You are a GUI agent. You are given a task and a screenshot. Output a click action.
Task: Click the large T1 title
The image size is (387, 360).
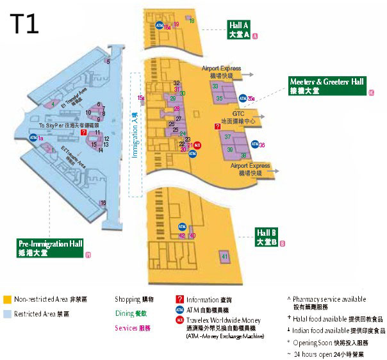pos(24,24)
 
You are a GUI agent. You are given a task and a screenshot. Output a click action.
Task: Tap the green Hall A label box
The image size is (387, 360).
pos(238,29)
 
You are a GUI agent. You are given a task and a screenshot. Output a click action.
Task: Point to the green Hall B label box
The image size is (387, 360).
pos(266,236)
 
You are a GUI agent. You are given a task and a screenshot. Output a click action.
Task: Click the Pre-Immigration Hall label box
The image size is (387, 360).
pos(51,248)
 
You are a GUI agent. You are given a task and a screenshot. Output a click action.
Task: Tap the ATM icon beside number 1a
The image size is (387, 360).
pos(33,138)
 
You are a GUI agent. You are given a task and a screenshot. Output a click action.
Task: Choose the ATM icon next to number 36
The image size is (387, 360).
pos(255,145)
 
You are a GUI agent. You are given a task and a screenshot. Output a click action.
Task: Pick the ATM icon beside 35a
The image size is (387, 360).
pos(243,99)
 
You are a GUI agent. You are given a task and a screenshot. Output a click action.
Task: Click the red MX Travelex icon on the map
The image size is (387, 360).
pos(198,145)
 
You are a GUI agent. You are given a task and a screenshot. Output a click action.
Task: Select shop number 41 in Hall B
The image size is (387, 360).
pos(224,257)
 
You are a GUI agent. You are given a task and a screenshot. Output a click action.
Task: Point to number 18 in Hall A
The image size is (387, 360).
pos(192,22)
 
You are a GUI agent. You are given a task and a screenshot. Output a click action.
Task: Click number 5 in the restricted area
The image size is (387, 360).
pos(108,61)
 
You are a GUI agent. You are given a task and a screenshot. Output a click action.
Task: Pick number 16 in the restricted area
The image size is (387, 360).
pos(103,203)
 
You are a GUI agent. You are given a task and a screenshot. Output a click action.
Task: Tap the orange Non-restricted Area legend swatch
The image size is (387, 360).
pos(6,299)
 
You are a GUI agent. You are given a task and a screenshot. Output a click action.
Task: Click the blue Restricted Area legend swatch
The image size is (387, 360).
pos(6,314)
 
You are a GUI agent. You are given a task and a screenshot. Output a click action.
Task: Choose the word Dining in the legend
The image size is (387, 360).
pos(126,313)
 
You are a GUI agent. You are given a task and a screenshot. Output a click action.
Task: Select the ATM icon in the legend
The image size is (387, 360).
pos(180,309)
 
